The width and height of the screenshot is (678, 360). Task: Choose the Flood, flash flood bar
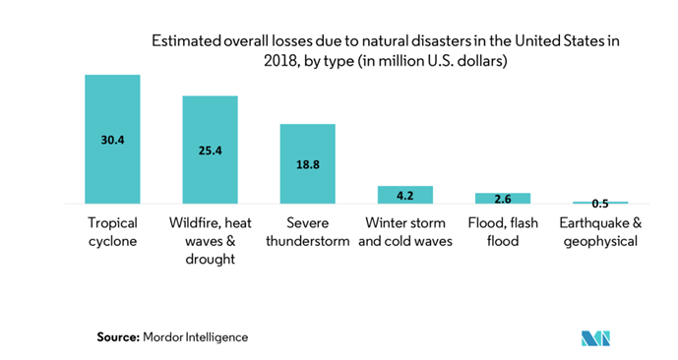click(503, 199)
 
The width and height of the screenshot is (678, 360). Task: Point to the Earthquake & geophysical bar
click(600, 202)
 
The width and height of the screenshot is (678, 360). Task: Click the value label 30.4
click(112, 140)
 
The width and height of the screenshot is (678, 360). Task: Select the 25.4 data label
click(210, 150)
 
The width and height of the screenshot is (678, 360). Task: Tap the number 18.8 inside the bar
click(307, 164)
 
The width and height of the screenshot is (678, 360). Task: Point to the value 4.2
click(405, 194)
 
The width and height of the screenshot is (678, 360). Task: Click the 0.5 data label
click(600, 204)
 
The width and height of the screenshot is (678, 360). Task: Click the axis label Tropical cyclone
click(112, 231)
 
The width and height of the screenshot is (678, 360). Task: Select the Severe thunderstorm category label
click(307, 231)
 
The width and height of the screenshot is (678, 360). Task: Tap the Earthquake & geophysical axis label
click(600, 231)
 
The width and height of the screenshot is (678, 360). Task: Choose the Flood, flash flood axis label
click(503, 231)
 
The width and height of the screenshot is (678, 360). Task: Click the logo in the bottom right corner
click(596, 337)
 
